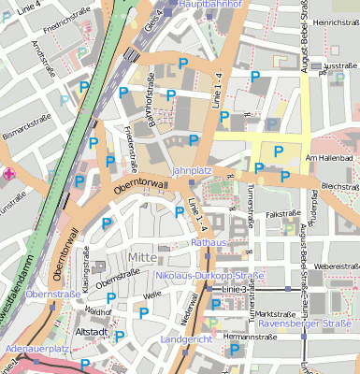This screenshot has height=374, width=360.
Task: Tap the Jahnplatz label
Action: tap(193, 171)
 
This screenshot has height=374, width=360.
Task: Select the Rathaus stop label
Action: tap(209, 242)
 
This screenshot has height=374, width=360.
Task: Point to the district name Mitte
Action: tap(141, 257)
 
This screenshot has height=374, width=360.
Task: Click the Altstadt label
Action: tap(92, 332)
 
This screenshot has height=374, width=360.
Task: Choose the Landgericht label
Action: tap(186, 338)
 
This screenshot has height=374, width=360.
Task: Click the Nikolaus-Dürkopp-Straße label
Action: tap(209, 275)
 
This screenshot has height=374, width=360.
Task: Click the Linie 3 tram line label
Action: tap(236, 290)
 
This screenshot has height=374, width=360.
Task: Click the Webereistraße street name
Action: tap(337, 266)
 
